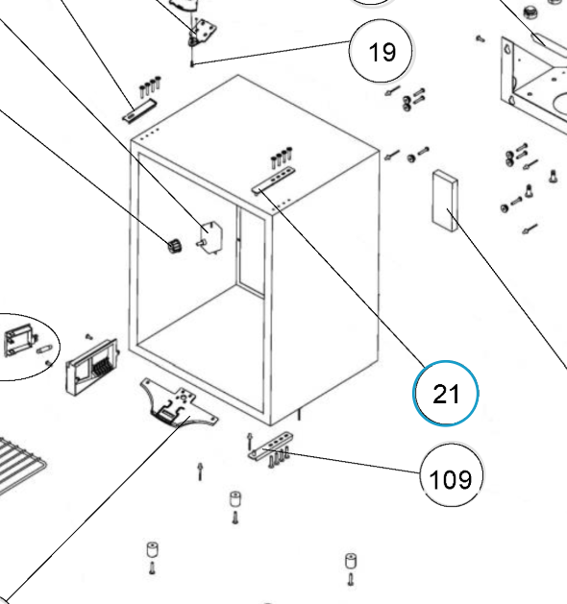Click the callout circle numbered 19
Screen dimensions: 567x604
pyautogui.click(x=381, y=51)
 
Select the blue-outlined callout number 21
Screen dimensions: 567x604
pyautogui.click(x=446, y=394)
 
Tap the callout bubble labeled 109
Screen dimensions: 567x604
pyautogui.click(x=451, y=475)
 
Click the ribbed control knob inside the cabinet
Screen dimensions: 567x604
pyautogui.click(x=175, y=246)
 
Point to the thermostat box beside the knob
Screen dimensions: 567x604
pyautogui.click(x=211, y=238)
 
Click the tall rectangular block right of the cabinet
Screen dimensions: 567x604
pyautogui.click(x=445, y=201)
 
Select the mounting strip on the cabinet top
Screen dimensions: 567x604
pyautogui.click(x=275, y=179)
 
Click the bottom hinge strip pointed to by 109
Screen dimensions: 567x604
pyautogui.click(x=270, y=446)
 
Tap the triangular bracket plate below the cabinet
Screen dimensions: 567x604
pyautogui.click(x=179, y=403)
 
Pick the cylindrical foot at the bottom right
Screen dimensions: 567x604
pyautogui.click(x=351, y=561)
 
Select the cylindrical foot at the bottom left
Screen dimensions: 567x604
pyautogui.click(x=152, y=549)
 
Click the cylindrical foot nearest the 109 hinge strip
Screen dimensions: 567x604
pyautogui.click(x=234, y=498)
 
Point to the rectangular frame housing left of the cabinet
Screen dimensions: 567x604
pyautogui.click(x=92, y=366)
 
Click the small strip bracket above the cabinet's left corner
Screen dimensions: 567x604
pyautogui.click(x=139, y=110)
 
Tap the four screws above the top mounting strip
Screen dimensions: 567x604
pyautogui.click(x=282, y=157)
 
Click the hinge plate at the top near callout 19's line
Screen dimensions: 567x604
pyautogui.click(x=203, y=31)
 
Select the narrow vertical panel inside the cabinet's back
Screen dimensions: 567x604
pyautogui.click(x=252, y=251)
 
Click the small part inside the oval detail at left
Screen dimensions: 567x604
pyautogui.click(x=19, y=341)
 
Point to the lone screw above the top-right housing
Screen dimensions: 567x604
pyautogui.click(x=480, y=38)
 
